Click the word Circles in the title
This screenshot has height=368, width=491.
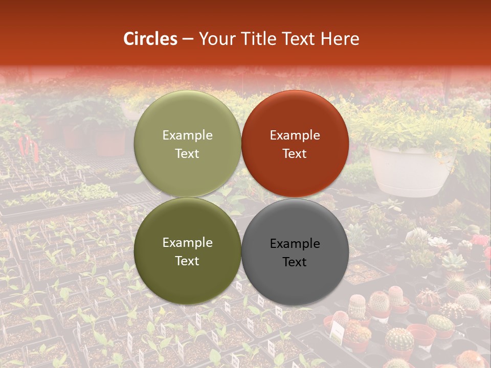point(150,39)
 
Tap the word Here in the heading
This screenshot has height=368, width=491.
point(340,39)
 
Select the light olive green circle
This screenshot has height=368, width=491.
point(187,144)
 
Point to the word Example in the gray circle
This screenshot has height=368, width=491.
point(295,244)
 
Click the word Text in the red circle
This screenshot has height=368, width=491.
point(295,153)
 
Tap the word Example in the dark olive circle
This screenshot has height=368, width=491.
point(187,243)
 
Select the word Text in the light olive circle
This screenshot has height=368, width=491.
point(187,153)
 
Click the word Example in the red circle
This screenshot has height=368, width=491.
point(295,135)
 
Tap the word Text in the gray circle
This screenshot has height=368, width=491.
point(295,262)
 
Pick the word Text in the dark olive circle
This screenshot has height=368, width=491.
point(187,261)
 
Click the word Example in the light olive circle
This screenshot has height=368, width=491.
point(187,135)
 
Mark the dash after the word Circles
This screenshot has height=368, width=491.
point(187,39)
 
